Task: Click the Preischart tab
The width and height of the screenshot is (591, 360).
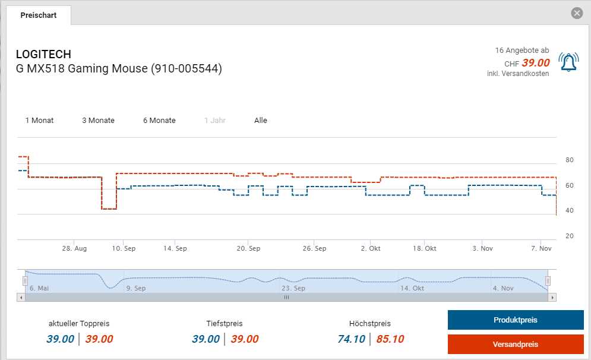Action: pos(39,15)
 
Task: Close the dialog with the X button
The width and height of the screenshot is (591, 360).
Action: pos(576,13)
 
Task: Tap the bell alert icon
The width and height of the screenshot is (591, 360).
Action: pos(568,62)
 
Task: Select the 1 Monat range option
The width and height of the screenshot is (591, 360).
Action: pos(39,121)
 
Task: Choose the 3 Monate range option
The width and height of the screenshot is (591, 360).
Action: pos(98,121)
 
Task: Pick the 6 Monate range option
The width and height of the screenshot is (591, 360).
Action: pos(159,121)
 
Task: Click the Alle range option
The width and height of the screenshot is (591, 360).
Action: pos(261,121)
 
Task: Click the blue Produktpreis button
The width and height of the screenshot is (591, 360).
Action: pos(515,320)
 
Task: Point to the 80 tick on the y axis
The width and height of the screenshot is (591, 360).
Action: pos(569,160)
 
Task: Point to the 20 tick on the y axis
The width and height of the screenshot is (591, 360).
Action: pos(569,236)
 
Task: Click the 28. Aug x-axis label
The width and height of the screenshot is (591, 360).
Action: pos(74,248)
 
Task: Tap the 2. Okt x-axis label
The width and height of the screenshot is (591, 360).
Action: pos(371,248)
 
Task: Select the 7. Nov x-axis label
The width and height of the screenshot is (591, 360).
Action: pos(541,248)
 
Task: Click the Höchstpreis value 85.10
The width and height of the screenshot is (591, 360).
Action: pos(390,339)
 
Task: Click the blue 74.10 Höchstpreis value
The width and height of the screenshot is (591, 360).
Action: pos(351,339)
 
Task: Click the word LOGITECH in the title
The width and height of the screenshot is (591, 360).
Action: pos(43,55)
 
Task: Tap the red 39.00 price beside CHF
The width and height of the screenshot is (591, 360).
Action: pos(536,63)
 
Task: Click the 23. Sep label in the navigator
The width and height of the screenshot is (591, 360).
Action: pos(293,288)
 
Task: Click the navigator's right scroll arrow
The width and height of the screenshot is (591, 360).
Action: pos(552,297)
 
